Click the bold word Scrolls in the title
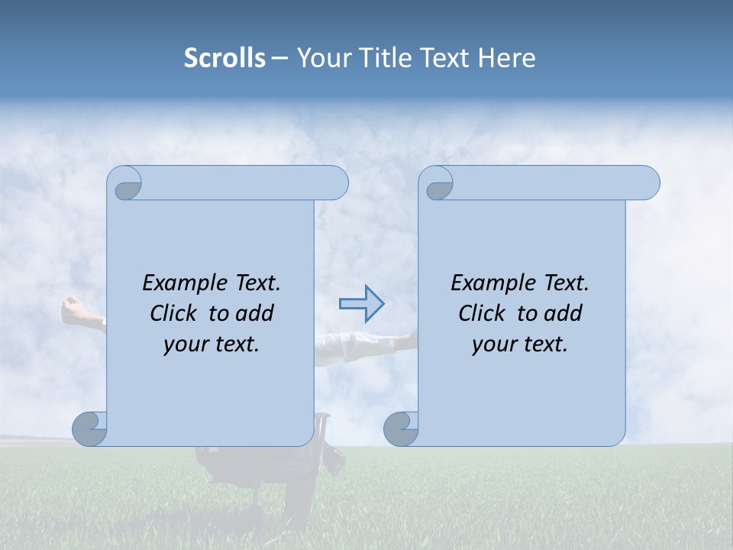224,58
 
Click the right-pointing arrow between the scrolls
361,304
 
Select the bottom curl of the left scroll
90,429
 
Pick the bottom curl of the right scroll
401,429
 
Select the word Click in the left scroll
173,314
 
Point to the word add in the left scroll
254,314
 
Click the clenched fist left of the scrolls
73,309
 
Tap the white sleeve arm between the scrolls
359,345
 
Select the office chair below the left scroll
229,458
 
